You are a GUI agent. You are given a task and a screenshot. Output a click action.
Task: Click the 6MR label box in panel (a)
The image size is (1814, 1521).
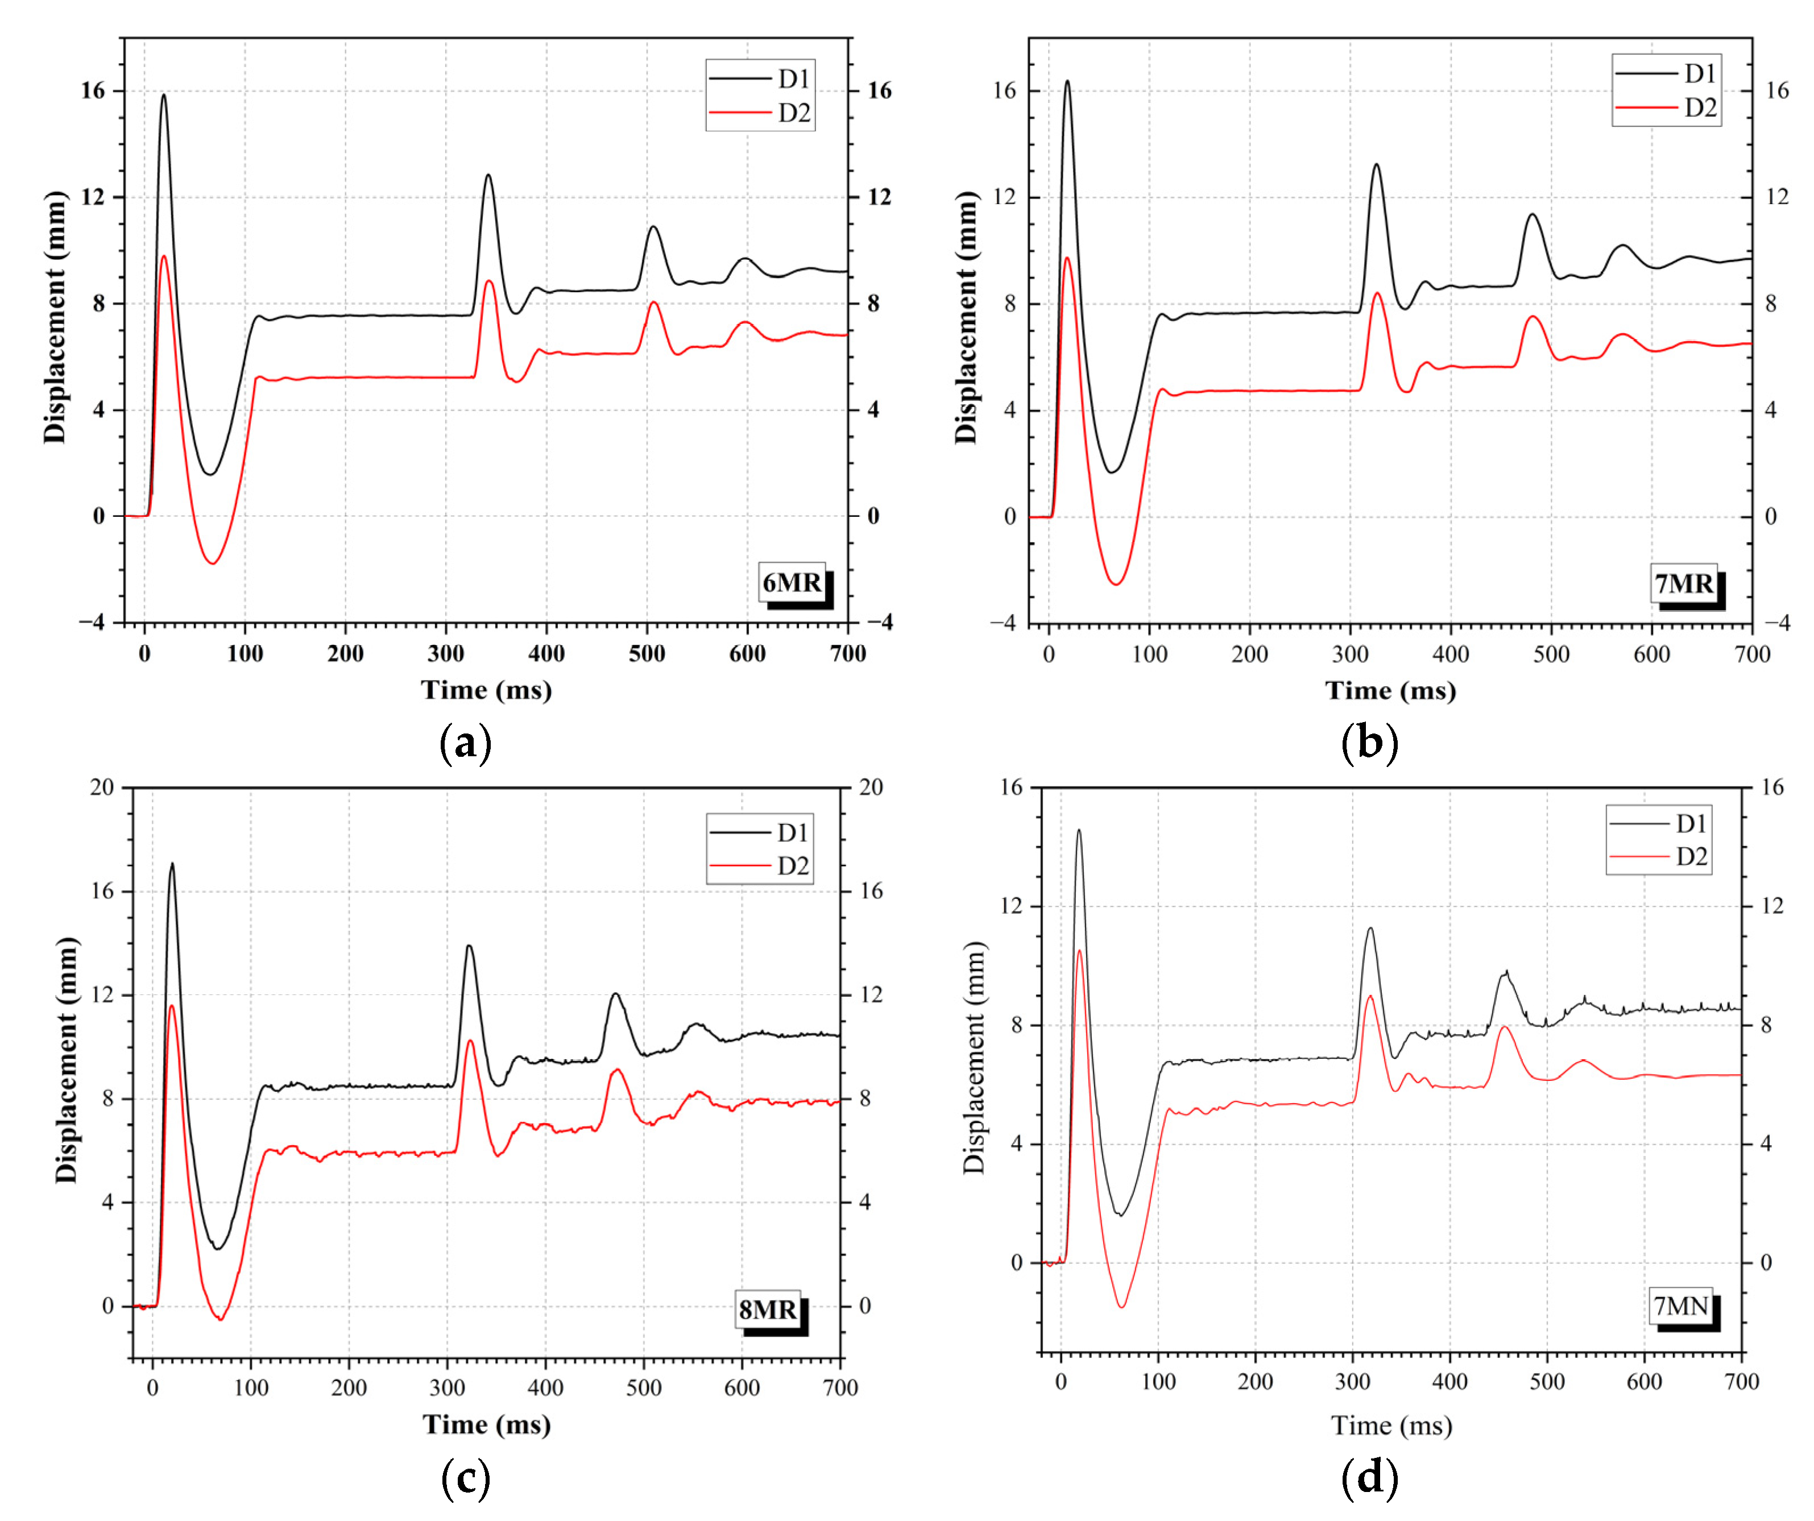tap(791, 583)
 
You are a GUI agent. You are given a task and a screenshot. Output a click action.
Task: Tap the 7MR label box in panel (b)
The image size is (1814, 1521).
tap(1684, 584)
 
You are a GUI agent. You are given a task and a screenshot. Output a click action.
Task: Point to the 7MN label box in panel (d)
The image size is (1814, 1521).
tap(1681, 1306)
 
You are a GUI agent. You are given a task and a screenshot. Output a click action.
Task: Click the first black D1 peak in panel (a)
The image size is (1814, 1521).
tap(163, 96)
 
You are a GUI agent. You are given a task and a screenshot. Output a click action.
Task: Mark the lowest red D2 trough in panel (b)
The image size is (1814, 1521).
tap(1117, 584)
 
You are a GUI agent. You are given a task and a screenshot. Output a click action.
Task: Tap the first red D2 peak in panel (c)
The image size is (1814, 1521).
tap(172, 1006)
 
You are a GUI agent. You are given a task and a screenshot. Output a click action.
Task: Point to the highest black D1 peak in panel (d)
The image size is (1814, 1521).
tap(1078, 831)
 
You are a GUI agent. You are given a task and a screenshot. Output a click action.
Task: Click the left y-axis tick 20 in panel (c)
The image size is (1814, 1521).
tap(101, 787)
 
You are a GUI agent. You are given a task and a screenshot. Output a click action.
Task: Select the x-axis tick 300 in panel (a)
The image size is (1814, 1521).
tap(446, 654)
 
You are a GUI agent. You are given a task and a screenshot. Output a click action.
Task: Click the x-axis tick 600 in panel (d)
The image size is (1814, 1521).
tap(1644, 1382)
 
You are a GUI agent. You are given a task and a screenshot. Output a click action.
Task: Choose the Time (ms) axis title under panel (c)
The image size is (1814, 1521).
tap(486, 1425)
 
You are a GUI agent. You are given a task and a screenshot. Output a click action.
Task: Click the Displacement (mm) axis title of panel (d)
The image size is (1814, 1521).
tap(974, 1058)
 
